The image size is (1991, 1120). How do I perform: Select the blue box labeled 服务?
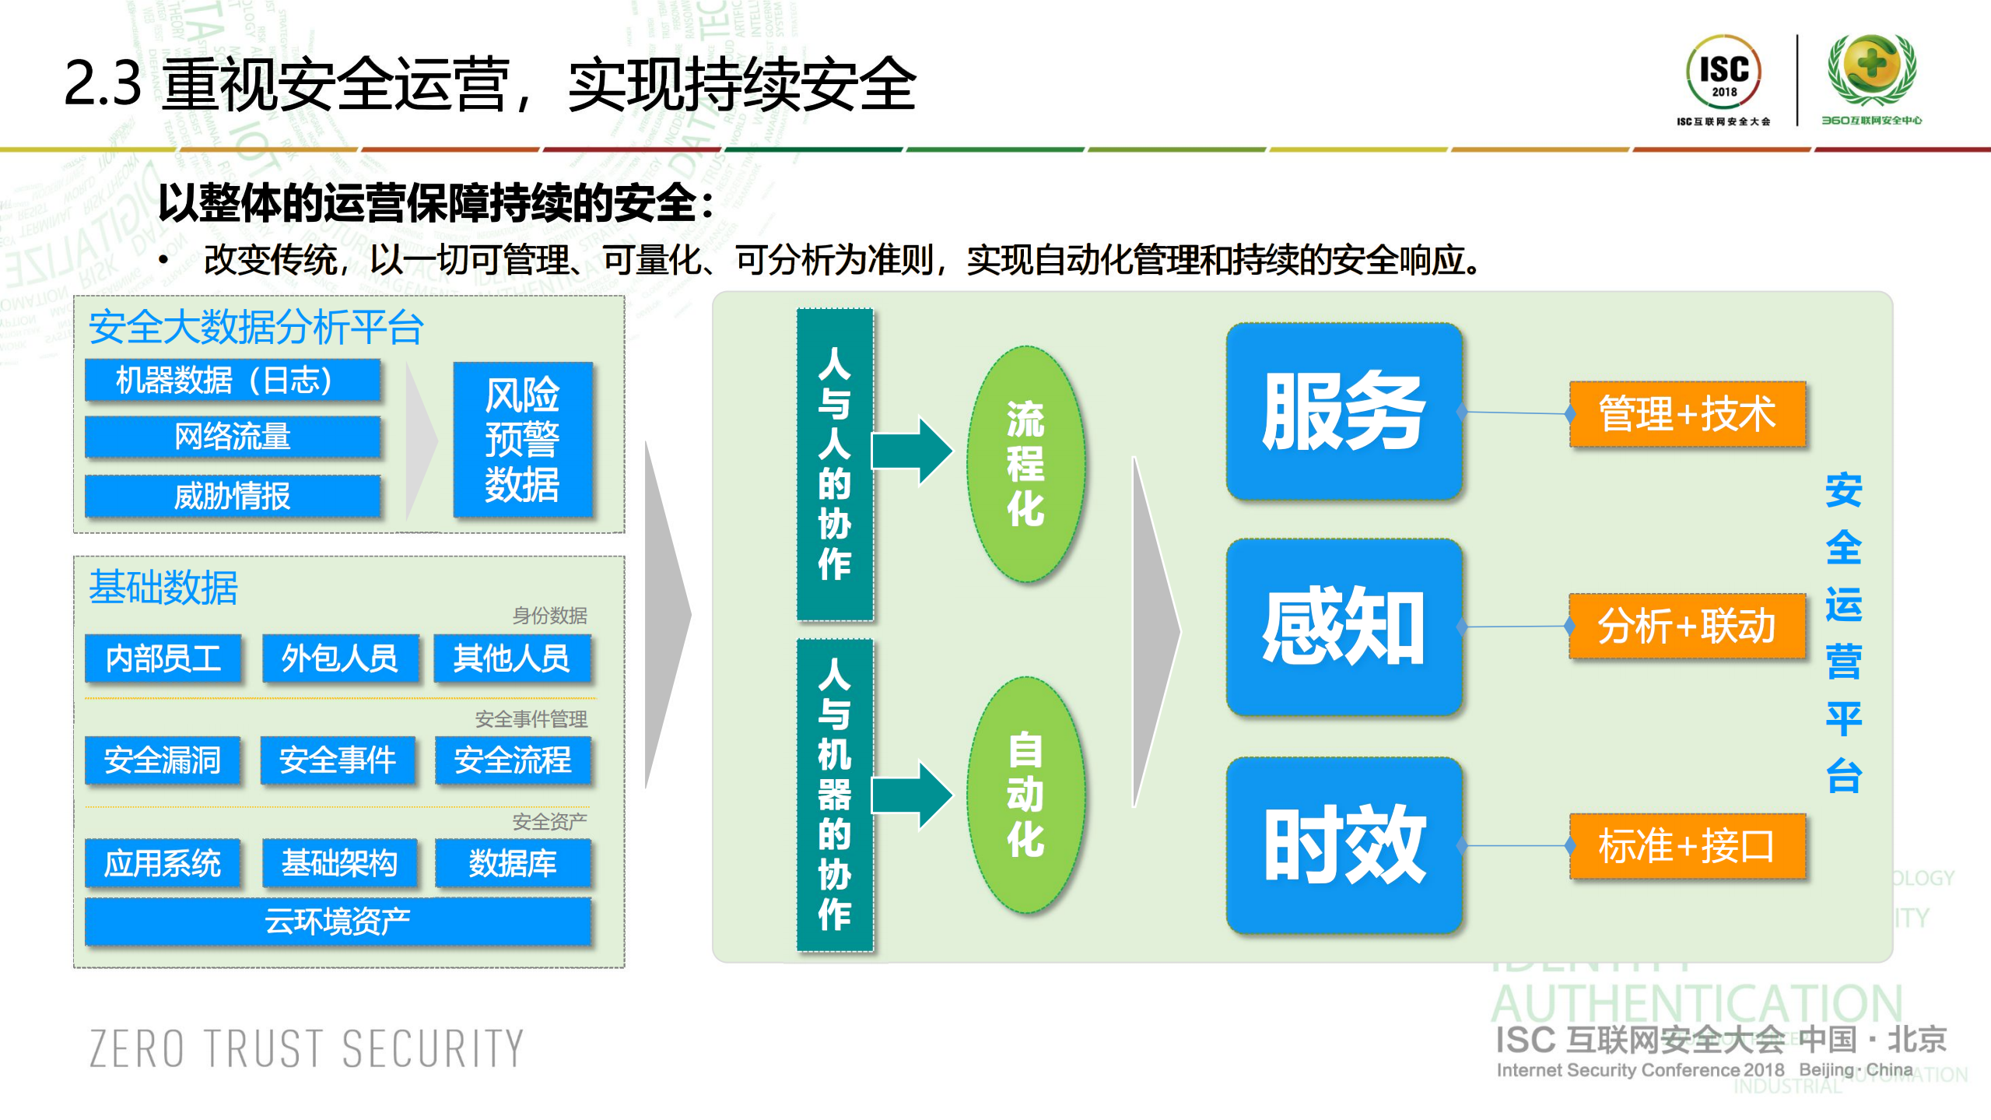click(1344, 411)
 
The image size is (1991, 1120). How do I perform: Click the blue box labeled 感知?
click(1344, 627)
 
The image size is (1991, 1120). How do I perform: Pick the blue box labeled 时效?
click(1344, 844)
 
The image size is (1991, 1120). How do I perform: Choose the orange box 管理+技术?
click(1687, 413)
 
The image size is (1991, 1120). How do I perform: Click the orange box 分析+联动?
click(1687, 626)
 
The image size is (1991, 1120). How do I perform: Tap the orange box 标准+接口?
click(1687, 846)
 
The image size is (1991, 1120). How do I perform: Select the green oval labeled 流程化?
click(1025, 464)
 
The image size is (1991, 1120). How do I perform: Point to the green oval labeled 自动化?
click(1025, 794)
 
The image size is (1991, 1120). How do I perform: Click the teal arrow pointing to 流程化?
click(911, 451)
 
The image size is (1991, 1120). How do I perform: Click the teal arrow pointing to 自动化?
click(911, 795)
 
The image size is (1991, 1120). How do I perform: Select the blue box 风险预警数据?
click(522, 440)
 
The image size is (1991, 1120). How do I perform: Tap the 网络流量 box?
click(232, 437)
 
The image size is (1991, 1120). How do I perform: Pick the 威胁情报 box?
click(232, 496)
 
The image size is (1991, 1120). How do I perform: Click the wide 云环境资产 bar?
click(338, 922)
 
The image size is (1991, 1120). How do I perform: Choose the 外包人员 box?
click(340, 658)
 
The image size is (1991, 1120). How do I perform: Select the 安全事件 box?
click(338, 760)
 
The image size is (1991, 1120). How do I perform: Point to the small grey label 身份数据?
click(549, 616)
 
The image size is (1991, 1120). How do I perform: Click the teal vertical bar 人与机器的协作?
click(834, 795)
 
